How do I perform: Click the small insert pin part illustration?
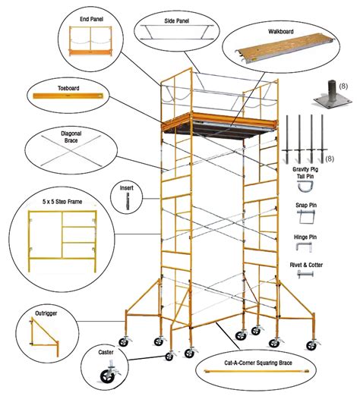[127, 201]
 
